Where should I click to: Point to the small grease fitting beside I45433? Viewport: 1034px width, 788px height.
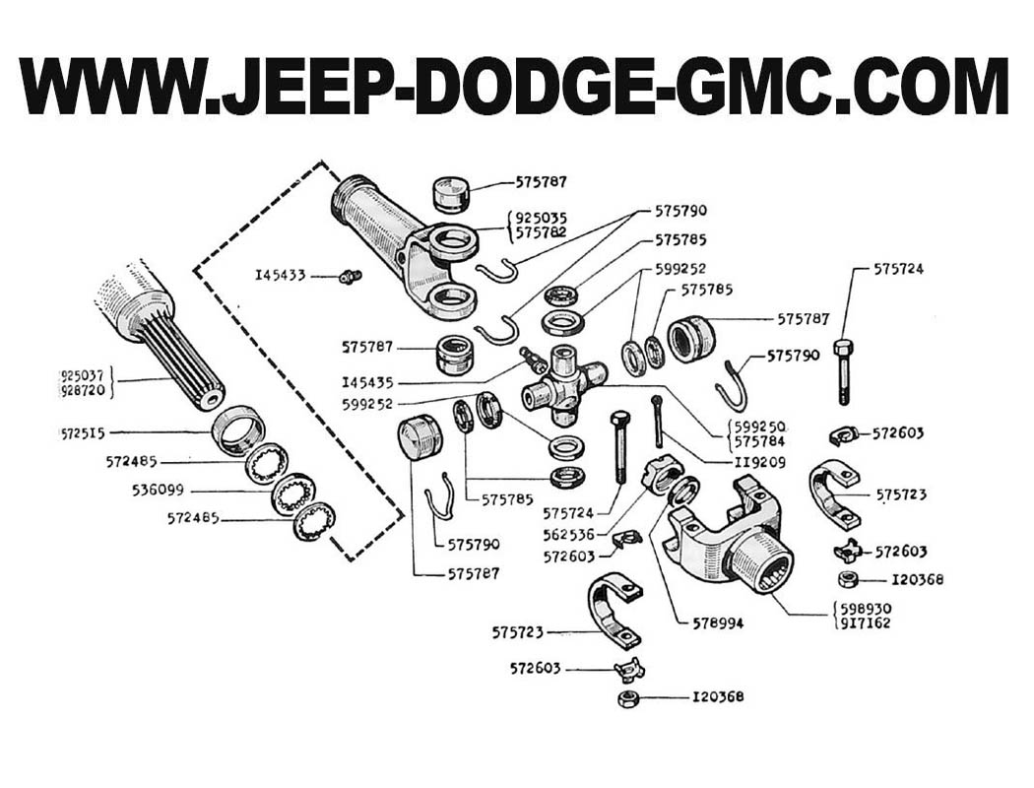click(349, 278)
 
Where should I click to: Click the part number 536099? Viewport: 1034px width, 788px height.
click(159, 490)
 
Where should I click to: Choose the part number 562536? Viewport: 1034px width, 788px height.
click(569, 536)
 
